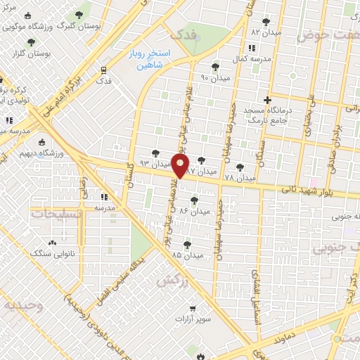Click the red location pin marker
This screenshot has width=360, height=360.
point(181,167)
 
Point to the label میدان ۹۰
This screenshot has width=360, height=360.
point(217,77)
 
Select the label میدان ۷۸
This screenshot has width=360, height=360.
point(239,179)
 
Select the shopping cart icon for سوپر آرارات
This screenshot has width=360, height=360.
point(193,308)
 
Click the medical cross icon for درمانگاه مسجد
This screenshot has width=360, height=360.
point(266,101)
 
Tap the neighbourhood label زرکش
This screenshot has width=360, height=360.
point(166,280)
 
